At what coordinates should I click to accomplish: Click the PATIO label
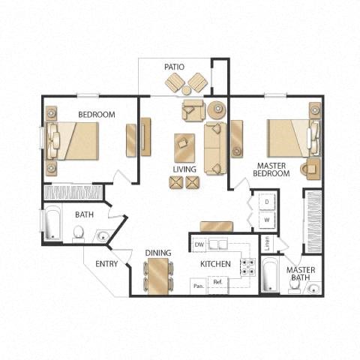[x=174, y=67]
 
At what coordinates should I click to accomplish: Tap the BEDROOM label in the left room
[x=96, y=114]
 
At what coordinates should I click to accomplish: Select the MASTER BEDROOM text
[x=273, y=169]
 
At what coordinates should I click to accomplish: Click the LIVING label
[x=184, y=169]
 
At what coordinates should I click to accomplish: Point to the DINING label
[x=158, y=253]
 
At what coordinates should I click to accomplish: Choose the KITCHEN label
[x=214, y=265]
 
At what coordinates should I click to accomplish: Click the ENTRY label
[x=106, y=264]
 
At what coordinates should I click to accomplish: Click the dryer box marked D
[x=266, y=202]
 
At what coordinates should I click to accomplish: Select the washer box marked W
[x=266, y=220]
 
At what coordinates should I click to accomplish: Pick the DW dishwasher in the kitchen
[x=199, y=245]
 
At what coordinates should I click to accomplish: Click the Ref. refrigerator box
[x=218, y=283]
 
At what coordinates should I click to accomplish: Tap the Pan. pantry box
[x=198, y=285]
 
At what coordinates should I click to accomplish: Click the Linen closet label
[x=265, y=244]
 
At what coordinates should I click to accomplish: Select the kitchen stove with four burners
[x=247, y=265]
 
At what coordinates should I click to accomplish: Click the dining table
[x=158, y=275]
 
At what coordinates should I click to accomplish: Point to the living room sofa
[x=214, y=148]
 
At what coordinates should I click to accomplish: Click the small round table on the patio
[x=186, y=90]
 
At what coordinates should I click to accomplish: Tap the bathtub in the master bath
[x=271, y=275]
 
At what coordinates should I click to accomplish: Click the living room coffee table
[x=184, y=147]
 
